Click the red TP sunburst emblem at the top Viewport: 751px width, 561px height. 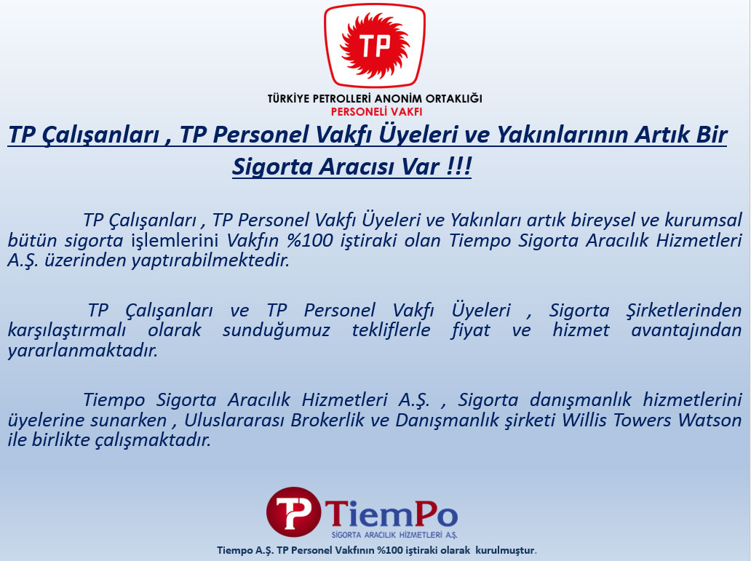[x=375, y=46]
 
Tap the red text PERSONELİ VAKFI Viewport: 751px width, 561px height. [x=376, y=111]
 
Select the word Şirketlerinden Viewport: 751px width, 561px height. [x=685, y=311]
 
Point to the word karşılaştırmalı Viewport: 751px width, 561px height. [x=67, y=330]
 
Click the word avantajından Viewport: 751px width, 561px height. [x=686, y=330]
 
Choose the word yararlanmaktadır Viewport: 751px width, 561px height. [x=83, y=351]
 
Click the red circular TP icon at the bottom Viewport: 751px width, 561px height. [x=293, y=512]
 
